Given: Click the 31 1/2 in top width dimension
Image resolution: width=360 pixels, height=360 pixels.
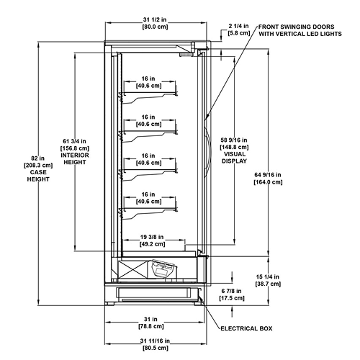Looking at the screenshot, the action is (x=155, y=19).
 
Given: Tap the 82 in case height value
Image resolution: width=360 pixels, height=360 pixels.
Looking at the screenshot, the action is (x=38, y=158).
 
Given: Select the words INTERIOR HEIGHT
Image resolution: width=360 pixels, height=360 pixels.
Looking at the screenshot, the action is (x=75, y=158).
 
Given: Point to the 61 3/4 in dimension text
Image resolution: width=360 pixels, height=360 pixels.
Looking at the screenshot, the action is (x=74, y=141).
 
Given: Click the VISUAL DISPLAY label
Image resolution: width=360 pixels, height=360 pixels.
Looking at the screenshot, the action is (x=234, y=158).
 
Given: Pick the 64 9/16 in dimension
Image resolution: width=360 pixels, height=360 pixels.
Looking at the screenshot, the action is (x=268, y=175).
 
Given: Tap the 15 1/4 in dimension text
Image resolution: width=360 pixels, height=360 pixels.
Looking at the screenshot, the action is (x=268, y=277).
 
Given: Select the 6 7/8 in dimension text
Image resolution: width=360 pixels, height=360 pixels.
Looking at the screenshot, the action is (x=231, y=291).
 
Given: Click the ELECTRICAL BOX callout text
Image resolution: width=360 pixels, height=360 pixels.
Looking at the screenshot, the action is (x=246, y=328).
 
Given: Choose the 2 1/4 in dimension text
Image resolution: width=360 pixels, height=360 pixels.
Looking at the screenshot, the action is (x=238, y=26).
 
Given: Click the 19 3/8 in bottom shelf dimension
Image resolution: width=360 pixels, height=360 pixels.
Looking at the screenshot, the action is (x=152, y=237).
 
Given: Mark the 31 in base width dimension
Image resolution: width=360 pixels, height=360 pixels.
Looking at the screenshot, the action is (x=150, y=319).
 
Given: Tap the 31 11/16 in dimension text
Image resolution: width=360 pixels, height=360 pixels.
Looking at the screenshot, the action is (x=155, y=341).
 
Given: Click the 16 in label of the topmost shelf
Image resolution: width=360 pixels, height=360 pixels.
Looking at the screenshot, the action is (x=148, y=78).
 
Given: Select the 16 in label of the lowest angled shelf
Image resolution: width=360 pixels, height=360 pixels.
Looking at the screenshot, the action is (x=148, y=194).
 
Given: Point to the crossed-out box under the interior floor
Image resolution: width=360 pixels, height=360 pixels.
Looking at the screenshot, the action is (x=132, y=270).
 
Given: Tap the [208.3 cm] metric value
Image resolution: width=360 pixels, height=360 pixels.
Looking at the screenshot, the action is (x=38, y=166).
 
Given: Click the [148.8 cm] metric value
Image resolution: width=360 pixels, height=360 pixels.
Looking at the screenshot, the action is (x=234, y=147).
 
